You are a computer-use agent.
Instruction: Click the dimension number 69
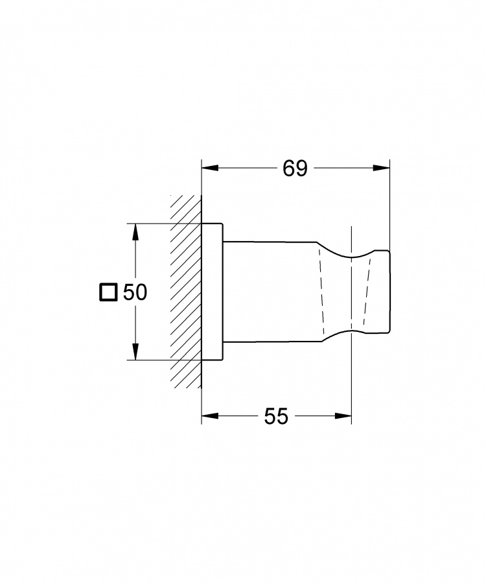click(295, 169)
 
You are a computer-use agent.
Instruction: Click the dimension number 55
click(276, 416)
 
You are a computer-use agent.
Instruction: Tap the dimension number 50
click(135, 292)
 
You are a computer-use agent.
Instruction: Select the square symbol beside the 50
click(108, 292)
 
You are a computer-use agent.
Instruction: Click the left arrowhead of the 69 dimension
click(210, 169)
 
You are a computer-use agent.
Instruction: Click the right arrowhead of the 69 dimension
click(382, 169)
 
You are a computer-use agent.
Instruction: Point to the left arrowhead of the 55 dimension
click(210, 416)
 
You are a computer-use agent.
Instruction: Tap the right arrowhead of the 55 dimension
click(343, 416)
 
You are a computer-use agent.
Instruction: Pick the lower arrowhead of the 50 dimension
click(136, 352)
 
